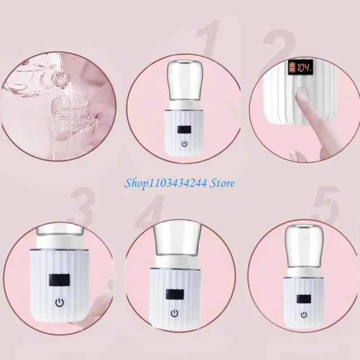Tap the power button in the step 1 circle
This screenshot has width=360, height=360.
[x=184, y=144]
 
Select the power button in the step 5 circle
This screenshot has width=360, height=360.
[x=305, y=314]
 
